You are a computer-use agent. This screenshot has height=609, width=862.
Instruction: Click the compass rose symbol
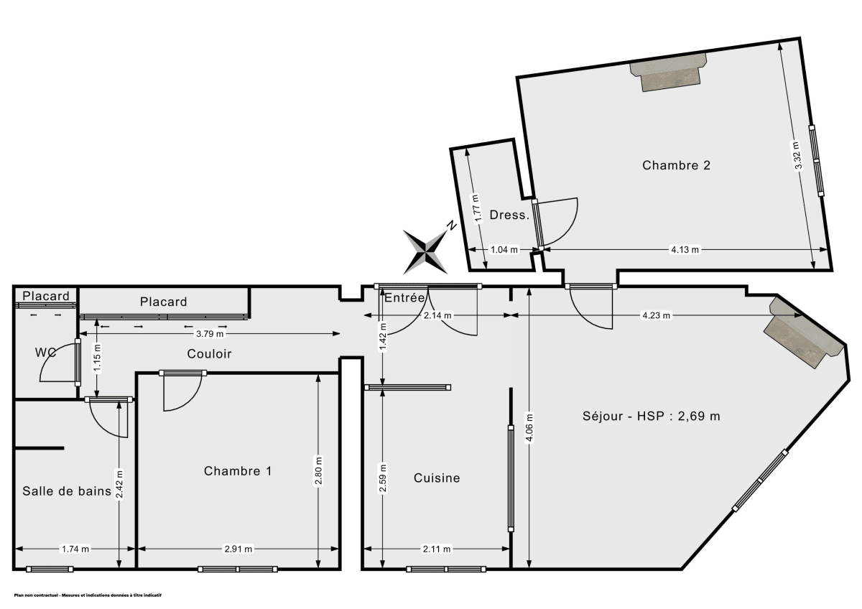[x=427, y=250]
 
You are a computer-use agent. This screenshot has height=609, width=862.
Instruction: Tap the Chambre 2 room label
[x=676, y=165]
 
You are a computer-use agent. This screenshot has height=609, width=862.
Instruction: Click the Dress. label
[x=509, y=215]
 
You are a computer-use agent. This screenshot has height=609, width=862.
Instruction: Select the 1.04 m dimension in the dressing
[x=503, y=250]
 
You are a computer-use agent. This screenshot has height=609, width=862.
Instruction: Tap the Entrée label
[x=405, y=297]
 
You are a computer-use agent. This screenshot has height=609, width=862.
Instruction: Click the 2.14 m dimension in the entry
[x=437, y=315]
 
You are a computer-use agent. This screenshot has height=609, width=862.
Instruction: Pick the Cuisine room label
[x=437, y=478]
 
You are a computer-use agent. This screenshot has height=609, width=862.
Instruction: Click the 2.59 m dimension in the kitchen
[x=382, y=480]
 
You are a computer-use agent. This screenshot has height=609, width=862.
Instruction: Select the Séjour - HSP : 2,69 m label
[x=651, y=416]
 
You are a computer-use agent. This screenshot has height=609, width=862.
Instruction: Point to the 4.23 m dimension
[x=656, y=315]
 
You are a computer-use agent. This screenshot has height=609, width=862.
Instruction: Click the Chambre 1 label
[x=238, y=471]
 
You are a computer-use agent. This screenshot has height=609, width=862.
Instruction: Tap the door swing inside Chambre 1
[x=180, y=393]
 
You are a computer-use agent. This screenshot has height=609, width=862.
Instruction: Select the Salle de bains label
[x=66, y=491]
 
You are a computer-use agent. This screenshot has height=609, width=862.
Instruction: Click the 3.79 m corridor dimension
[x=210, y=333]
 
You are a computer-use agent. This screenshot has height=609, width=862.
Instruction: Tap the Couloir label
[x=209, y=353]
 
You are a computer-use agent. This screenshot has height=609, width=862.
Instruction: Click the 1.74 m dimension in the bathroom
[x=75, y=549]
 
